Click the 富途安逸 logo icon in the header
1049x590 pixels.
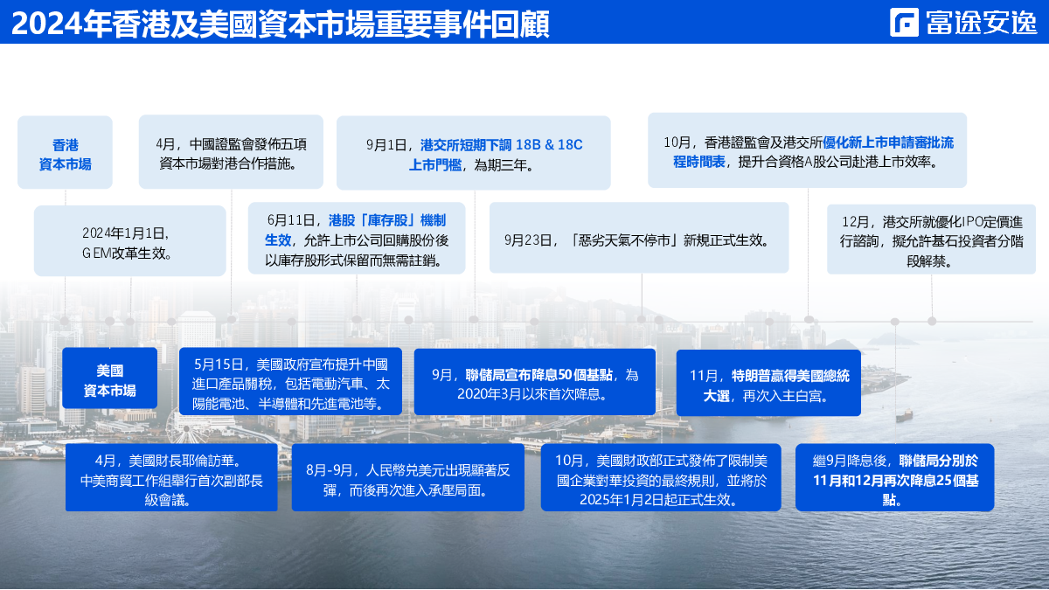[x=904, y=22]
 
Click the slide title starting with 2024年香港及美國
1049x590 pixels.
[x=280, y=24]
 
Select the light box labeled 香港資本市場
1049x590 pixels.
[x=65, y=152]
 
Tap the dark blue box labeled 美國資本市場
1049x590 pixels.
[x=109, y=378]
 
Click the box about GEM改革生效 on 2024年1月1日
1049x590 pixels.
[x=129, y=240]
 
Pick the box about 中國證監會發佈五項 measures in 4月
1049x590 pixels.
[x=231, y=152]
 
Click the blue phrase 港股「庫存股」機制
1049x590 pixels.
[x=386, y=220]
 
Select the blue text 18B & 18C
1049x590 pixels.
[x=549, y=145]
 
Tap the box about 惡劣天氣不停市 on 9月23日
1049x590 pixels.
[x=639, y=238]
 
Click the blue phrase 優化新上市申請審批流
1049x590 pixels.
[x=888, y=142]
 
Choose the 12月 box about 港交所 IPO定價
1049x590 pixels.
[x=931, y=239]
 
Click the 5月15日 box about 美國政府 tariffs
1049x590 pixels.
[x=290, y=381]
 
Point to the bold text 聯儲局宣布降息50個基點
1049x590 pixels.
[x=539, y=375]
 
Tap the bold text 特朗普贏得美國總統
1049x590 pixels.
[x=790, y=376]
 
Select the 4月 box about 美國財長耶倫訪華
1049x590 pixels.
[x=171, y=477]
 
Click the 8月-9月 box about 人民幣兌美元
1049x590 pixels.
[x=408, y=477]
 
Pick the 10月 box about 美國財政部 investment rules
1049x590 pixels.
[x=661, y=477]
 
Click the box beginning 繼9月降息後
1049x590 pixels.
[x=894, y=477]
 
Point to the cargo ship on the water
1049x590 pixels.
[x=904, y=415]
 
